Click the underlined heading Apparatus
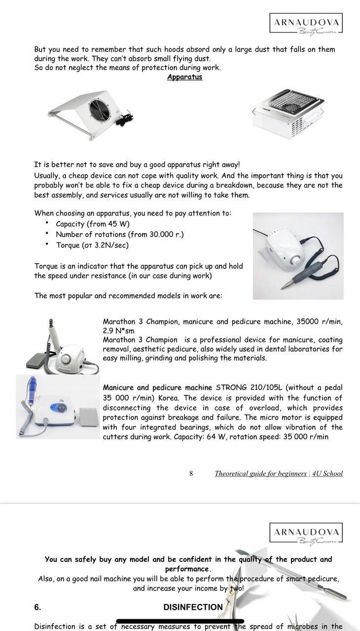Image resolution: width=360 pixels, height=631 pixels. click(184, 77)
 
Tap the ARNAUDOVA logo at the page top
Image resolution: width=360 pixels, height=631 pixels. click(306, 24)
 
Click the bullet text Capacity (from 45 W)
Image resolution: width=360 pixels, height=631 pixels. click(93, 224)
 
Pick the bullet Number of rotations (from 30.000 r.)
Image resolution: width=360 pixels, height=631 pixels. click(119, 234)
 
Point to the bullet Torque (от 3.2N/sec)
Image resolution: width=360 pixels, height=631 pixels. click(92, 245)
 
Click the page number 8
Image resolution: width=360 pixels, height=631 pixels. click(191, 473)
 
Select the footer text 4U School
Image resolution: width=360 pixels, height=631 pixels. click(327, 473)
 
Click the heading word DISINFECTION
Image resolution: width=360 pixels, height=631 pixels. click(193, 607)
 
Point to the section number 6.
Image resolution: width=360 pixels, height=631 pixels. click(37, 607)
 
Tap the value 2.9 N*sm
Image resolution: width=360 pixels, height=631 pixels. click(118, 331)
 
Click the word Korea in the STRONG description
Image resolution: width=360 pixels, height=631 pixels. click(168, 398)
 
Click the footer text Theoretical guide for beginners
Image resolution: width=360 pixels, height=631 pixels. click(260, 473)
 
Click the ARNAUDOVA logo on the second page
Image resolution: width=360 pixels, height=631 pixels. click(306, 534)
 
